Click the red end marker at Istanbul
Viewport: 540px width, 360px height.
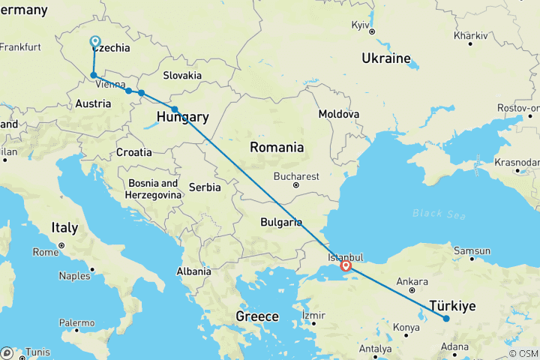(x=346, y=265)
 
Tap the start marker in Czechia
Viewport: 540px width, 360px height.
(x=95, y=42)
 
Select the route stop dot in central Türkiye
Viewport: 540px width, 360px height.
(x=446, y=319)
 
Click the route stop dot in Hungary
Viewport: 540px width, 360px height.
(x=175, y=109)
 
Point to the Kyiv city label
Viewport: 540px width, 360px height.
(x=361, y=25)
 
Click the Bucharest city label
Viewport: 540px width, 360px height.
(x=296, y=176)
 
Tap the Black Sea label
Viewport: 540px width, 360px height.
(x=439, y=214)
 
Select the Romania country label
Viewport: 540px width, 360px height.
(x=277, y=147)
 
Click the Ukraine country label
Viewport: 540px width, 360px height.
(x=387, y=58)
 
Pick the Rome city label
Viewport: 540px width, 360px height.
(x=46, y=252)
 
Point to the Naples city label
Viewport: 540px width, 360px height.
(x=76, y=276)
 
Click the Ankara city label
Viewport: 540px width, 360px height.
(x=413, y=282)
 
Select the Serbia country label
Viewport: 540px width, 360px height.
(x=205, y=187)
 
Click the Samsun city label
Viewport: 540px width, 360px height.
(x=471, y=251)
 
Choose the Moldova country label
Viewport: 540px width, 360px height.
(x=338, y=114)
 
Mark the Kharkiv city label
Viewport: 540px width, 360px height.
(x=470, y=35)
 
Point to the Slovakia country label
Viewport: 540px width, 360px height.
(x=182, y=75)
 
